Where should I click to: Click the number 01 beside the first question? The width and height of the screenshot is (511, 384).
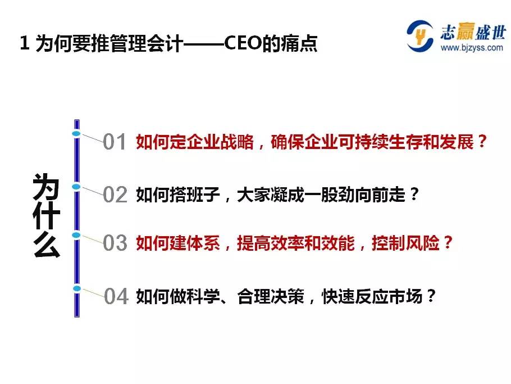point(115,142)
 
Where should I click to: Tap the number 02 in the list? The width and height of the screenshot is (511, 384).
point(115,195)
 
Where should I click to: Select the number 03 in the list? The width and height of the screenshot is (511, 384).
point(115,243)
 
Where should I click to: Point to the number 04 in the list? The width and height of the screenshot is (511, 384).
point(116,296)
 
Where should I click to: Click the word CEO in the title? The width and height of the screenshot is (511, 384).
point(243,43)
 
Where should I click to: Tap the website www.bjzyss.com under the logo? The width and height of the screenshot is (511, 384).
point(472,48)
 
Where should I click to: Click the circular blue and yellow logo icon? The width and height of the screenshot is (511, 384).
point(420,36)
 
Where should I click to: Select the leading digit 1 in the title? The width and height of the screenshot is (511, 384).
point(24,43)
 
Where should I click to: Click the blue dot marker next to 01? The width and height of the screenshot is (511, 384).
point(76,134)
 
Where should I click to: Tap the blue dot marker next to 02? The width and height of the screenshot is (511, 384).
point(76,187)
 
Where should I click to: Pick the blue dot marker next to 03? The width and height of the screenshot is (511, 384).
point(76,235)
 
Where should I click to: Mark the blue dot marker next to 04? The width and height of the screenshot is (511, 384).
point(77,288)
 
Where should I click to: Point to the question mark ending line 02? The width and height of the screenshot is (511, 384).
point(414,194)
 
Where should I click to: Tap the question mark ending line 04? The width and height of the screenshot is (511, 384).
point(431,296)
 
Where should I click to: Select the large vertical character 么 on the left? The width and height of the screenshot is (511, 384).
point(47,245)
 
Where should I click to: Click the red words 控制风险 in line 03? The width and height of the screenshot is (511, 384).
point(406,243)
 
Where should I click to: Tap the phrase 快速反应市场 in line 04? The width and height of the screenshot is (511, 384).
point(372,296)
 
